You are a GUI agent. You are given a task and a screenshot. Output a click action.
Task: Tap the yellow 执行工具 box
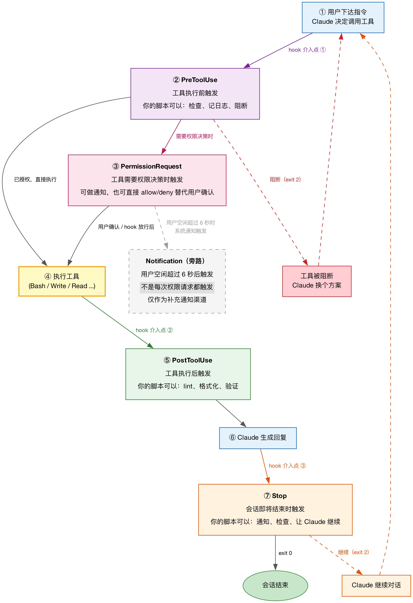pos(62,281)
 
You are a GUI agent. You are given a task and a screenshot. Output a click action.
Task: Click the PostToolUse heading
pos(188,360)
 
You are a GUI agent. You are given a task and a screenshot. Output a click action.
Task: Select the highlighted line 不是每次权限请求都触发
pos(177,287)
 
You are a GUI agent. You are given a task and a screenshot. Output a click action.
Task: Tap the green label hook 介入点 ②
pos(154,330)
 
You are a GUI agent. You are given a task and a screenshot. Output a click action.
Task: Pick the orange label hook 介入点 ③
pos(287,466)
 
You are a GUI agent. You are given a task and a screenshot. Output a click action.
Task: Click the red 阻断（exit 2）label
pos(285,180)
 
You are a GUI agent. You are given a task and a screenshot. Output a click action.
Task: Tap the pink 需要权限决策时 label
pos(194,136)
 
